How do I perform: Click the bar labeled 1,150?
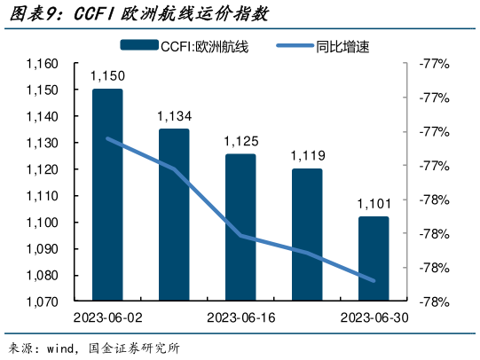pos(107,195)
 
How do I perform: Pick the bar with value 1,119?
pos(307,234)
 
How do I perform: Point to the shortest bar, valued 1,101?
pos(374,258)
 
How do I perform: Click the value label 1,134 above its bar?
pos(173,117)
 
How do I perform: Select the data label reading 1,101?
pos(374,204)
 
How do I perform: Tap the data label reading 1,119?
pos(307,156)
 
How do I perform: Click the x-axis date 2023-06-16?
pos(240,317)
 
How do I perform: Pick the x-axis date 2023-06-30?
pos(374,317)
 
